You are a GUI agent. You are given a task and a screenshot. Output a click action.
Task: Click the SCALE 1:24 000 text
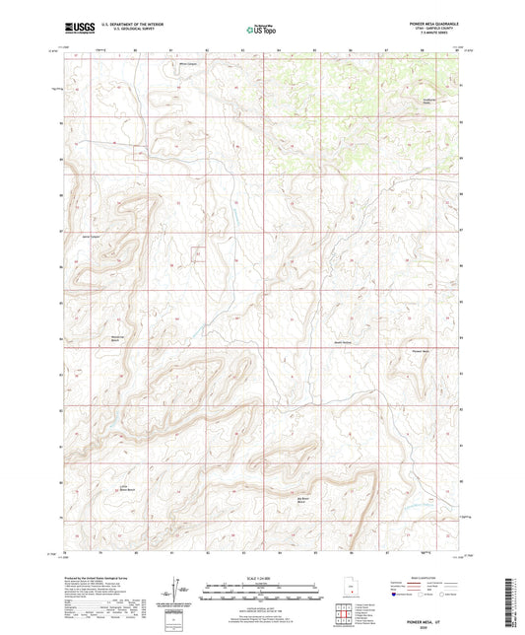point(261,577)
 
